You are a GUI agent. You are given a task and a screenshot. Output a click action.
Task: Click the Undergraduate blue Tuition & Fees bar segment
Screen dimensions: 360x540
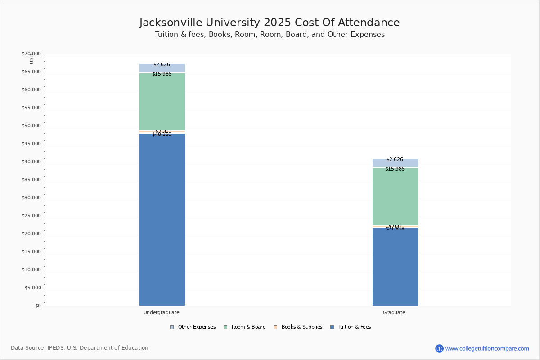coord(162,220)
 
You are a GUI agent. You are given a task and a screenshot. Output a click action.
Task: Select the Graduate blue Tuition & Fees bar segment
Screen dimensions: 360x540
coord(395,268)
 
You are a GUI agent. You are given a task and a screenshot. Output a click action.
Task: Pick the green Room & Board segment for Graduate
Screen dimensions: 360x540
coord(395,197)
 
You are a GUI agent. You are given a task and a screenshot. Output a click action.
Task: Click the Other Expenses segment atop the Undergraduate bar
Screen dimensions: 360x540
coord(162,68)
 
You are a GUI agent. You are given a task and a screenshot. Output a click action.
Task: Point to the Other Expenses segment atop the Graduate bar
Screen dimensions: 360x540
coord(395,163)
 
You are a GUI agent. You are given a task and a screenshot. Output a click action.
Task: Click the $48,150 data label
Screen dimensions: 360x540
coord(162,135)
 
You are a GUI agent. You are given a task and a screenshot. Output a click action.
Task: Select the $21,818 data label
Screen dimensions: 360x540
coord(395,229)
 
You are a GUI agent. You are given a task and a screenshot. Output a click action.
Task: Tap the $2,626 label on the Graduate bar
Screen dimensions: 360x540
coord(395,160)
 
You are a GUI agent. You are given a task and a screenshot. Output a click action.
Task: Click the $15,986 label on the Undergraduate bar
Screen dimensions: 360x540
coord(162,74)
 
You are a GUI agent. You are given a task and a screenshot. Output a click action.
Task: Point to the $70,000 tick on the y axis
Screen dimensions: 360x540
coord(31,54)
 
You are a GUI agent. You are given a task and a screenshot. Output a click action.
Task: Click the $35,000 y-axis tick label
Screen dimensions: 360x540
coord(31,180)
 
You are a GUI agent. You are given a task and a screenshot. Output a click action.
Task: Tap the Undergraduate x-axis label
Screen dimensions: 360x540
coord(162,312)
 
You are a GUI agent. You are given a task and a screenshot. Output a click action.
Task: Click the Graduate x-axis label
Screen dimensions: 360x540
coord(394,312)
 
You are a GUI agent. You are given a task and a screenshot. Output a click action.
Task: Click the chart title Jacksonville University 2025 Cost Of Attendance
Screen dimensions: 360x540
coord(270,23)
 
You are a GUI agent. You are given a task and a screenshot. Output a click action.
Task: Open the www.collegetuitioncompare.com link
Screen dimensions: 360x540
coord(487,348)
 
